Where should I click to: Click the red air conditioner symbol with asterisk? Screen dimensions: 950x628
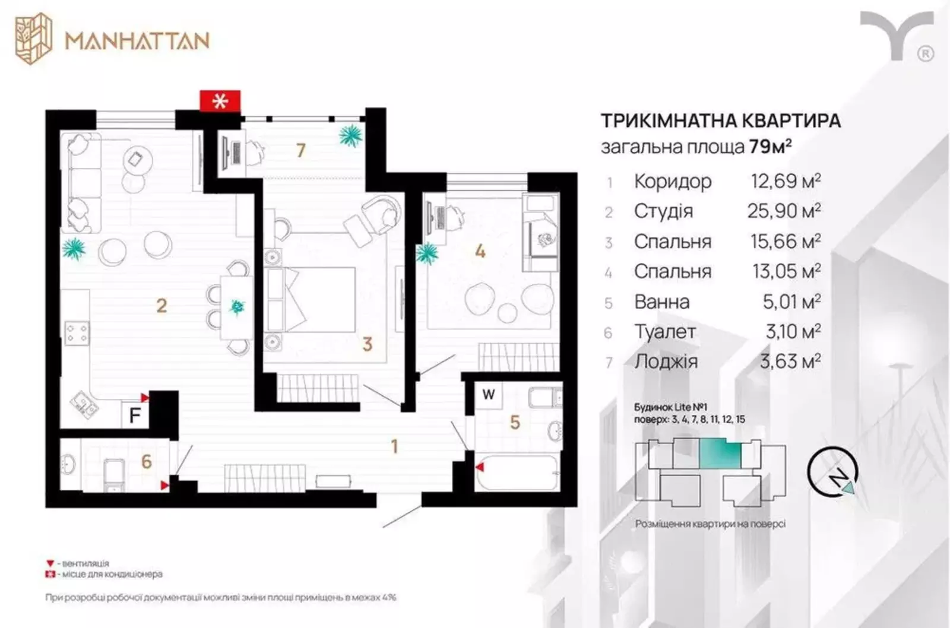220,102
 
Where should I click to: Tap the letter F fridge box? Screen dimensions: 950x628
135,415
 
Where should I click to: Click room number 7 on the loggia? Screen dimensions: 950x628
300,151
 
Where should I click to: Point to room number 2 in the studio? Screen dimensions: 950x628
161,306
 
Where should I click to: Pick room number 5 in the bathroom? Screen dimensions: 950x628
515,423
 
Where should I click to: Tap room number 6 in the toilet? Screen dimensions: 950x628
146,462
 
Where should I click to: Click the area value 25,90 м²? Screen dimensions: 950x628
784,211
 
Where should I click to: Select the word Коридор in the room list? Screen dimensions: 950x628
673,182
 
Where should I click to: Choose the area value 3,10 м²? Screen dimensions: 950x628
793,331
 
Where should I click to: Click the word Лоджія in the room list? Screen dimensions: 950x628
666,361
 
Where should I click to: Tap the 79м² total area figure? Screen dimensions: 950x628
771,147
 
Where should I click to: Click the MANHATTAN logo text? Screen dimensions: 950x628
137,41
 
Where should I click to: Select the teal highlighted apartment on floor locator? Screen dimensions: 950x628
720,453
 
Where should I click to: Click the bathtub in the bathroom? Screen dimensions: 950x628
517,472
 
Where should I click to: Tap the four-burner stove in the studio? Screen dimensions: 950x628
77,334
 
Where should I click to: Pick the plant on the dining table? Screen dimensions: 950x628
237,306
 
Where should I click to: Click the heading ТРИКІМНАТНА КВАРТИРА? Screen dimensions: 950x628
721,121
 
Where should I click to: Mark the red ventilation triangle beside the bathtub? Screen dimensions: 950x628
480,467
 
